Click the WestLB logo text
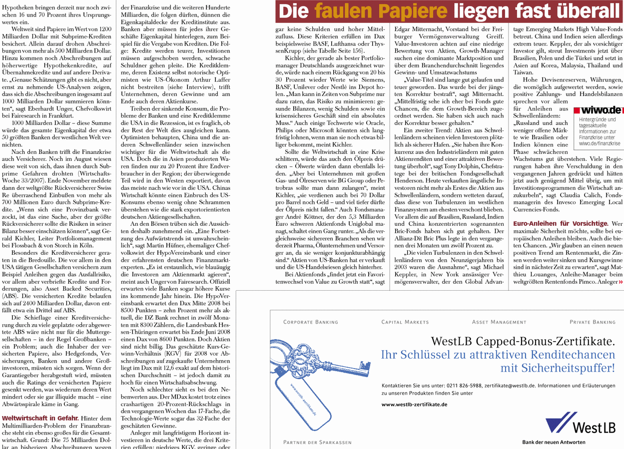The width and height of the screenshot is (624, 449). [594, 428]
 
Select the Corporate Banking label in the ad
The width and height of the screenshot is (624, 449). [310, 322]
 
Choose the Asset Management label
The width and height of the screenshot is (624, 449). [499, 322]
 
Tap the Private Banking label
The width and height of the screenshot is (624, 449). [593, 322]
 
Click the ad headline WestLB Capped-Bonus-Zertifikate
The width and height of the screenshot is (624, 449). [523, 342]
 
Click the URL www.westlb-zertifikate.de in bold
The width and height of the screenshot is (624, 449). [414, 405]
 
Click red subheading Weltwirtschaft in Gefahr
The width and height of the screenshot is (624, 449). [40, 418]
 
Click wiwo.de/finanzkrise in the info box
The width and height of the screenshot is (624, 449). [597, 143]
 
